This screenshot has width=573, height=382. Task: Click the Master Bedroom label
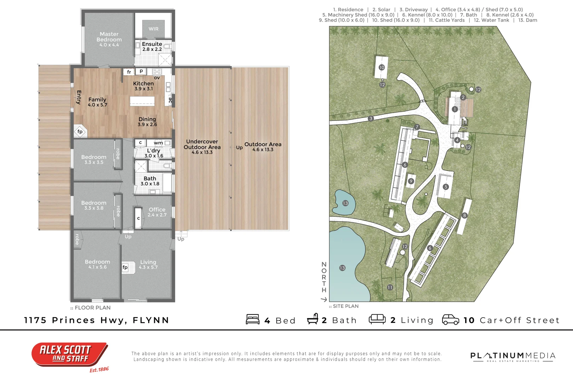click(109, 39)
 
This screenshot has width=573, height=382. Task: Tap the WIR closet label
click(154, 29)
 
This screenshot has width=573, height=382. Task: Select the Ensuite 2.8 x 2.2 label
click(152, 46)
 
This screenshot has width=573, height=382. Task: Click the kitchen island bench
click(142, 101)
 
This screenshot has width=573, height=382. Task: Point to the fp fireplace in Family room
click(80, 132)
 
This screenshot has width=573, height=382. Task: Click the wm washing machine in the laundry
click(158, 143)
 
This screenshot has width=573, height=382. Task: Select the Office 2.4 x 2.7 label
click(157, 212)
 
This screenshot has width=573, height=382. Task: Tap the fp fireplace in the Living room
click(125, 267)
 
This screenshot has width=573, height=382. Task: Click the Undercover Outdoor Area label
click(202, 146)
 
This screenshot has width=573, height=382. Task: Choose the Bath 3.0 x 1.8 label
click(150, 181)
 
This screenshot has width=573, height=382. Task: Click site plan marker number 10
click(382, 67)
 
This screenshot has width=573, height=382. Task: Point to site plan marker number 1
click(455, 109)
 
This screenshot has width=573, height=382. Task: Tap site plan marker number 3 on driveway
click(371, 118)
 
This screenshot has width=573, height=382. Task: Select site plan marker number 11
click(390, 287)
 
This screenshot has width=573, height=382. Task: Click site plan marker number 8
click(465, 215)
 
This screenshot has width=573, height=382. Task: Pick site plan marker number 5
click(446, 187)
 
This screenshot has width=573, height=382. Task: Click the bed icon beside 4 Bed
click(253, 319)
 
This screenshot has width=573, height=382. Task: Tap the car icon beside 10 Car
click(451, 319)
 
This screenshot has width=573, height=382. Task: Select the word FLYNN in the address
click(151, 320)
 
